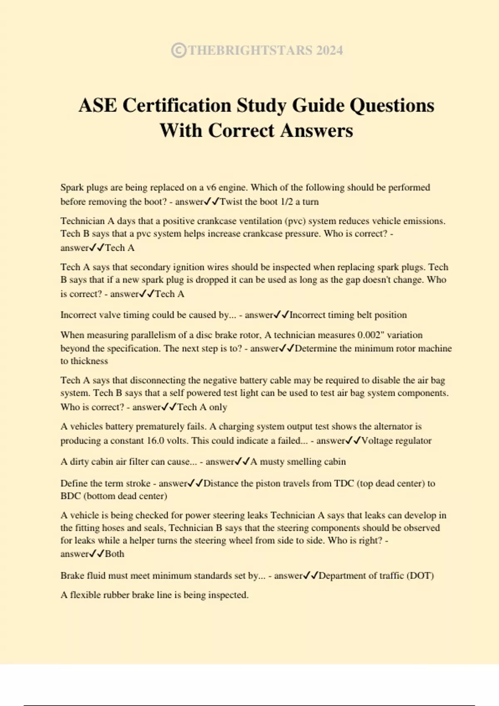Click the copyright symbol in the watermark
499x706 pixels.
click(x=178, y=50)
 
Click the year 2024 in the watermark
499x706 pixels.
click(x=329, y=50)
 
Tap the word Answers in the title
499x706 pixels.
click(x=316, y=130)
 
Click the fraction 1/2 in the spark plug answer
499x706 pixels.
click(x=287, y=202)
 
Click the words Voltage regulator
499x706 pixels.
click(x=396, y=441)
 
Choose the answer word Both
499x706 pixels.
click(x=115, y=554)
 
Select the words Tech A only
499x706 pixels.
click(x=202, y=407)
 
